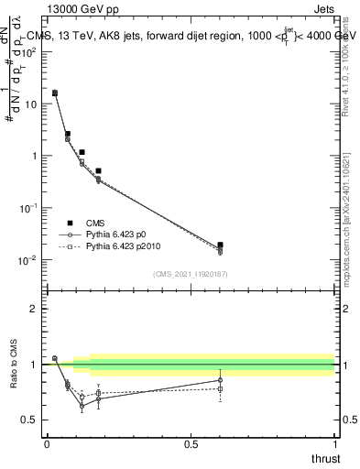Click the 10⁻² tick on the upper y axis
coord(29,260)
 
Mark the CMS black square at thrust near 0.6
coord(220,245)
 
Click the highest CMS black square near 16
coord(55,93)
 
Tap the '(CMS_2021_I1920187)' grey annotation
coord(190,273)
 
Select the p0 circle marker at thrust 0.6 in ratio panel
coord(220,380)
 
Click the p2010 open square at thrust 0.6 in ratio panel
coord(220,388)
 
